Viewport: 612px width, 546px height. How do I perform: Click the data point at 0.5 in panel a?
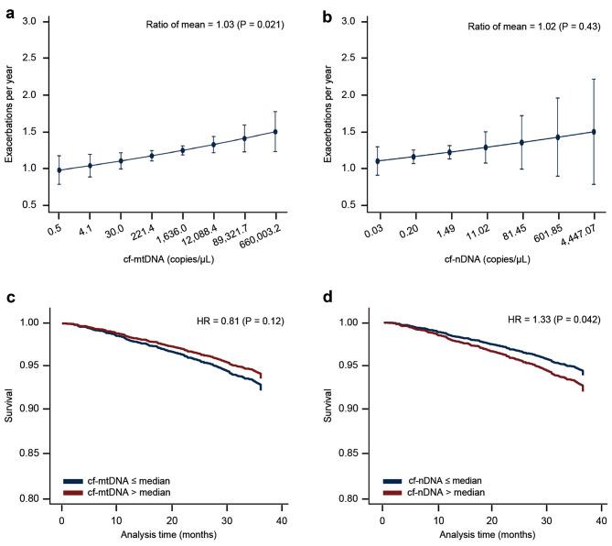(60, 170)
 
